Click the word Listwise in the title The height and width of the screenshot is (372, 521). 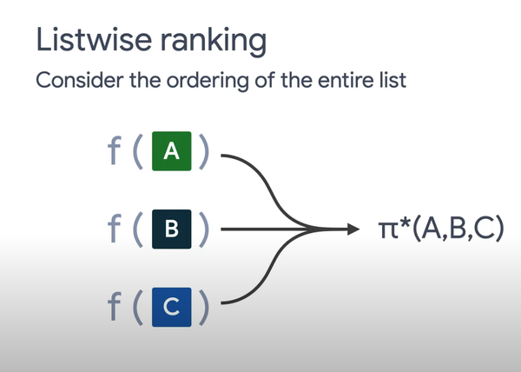[83, 39]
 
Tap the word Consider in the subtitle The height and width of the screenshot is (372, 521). [75, 83]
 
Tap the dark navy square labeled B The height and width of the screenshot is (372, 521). [172, 229]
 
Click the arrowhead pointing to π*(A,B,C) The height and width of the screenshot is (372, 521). [353, 229]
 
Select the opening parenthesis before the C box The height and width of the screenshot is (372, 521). [138, 306]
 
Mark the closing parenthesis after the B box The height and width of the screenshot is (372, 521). [203, 229]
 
